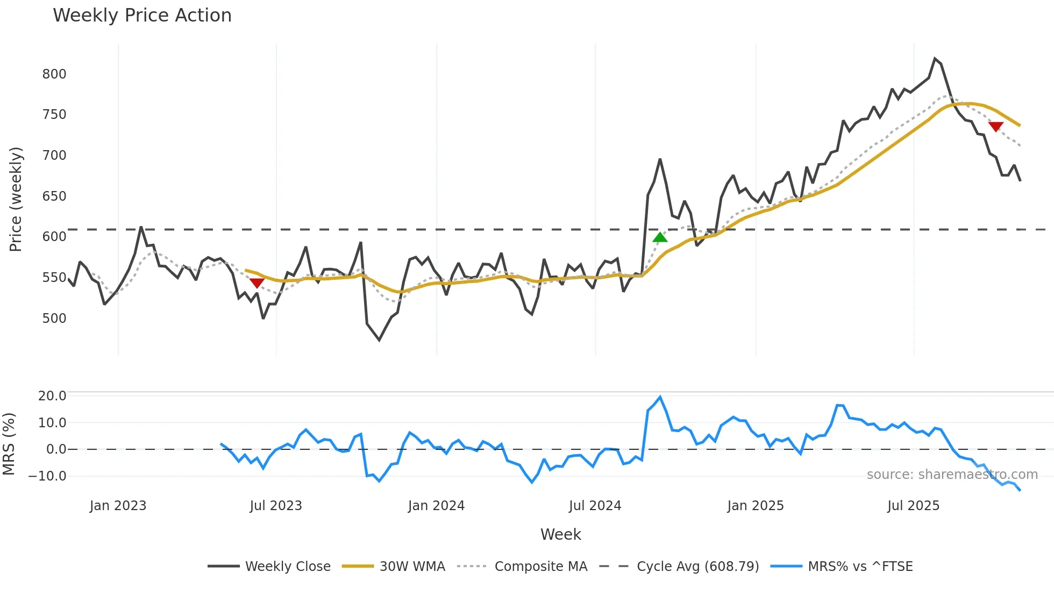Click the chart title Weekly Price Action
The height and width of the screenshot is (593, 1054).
pyautogui.click(x=142, y=16)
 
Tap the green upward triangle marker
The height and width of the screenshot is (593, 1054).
pyautogui.click(x=660, y=237)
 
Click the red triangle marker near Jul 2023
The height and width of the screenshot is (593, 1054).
pyautogui.click(x=257, y=283)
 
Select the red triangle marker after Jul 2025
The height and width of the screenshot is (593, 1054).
pyautogui.click(x=995, y=127)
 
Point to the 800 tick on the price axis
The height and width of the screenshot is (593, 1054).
pyautogui.click(x=54, y=74)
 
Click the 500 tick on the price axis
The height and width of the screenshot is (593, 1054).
pyautogui.click(x=54, y=319)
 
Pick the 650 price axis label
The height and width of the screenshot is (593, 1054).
pyautogui.click(x=54, y=196)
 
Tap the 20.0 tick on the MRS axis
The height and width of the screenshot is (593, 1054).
pyautogui.click(x=52, y=396)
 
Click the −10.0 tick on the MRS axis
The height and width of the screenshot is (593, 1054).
pyautogui.click(x=47, y=476)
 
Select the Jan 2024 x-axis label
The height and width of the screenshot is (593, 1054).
pyautogui.click(x=436, y=506)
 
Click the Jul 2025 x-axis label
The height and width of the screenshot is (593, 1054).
pyautogui.click(x=913, y=506)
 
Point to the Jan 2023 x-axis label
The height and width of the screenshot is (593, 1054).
pyautogui.click(x=118, y=506)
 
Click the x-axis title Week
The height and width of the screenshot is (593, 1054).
pyautogui.click(x=560, y=534)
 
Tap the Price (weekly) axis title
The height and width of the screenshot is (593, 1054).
pyautogui.click(x=16, y=199)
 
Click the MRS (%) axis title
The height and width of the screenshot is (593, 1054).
pyautogui.click(x=9, y=444)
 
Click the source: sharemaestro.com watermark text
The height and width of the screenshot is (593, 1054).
pyautogui.click(x=952, y=475)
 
